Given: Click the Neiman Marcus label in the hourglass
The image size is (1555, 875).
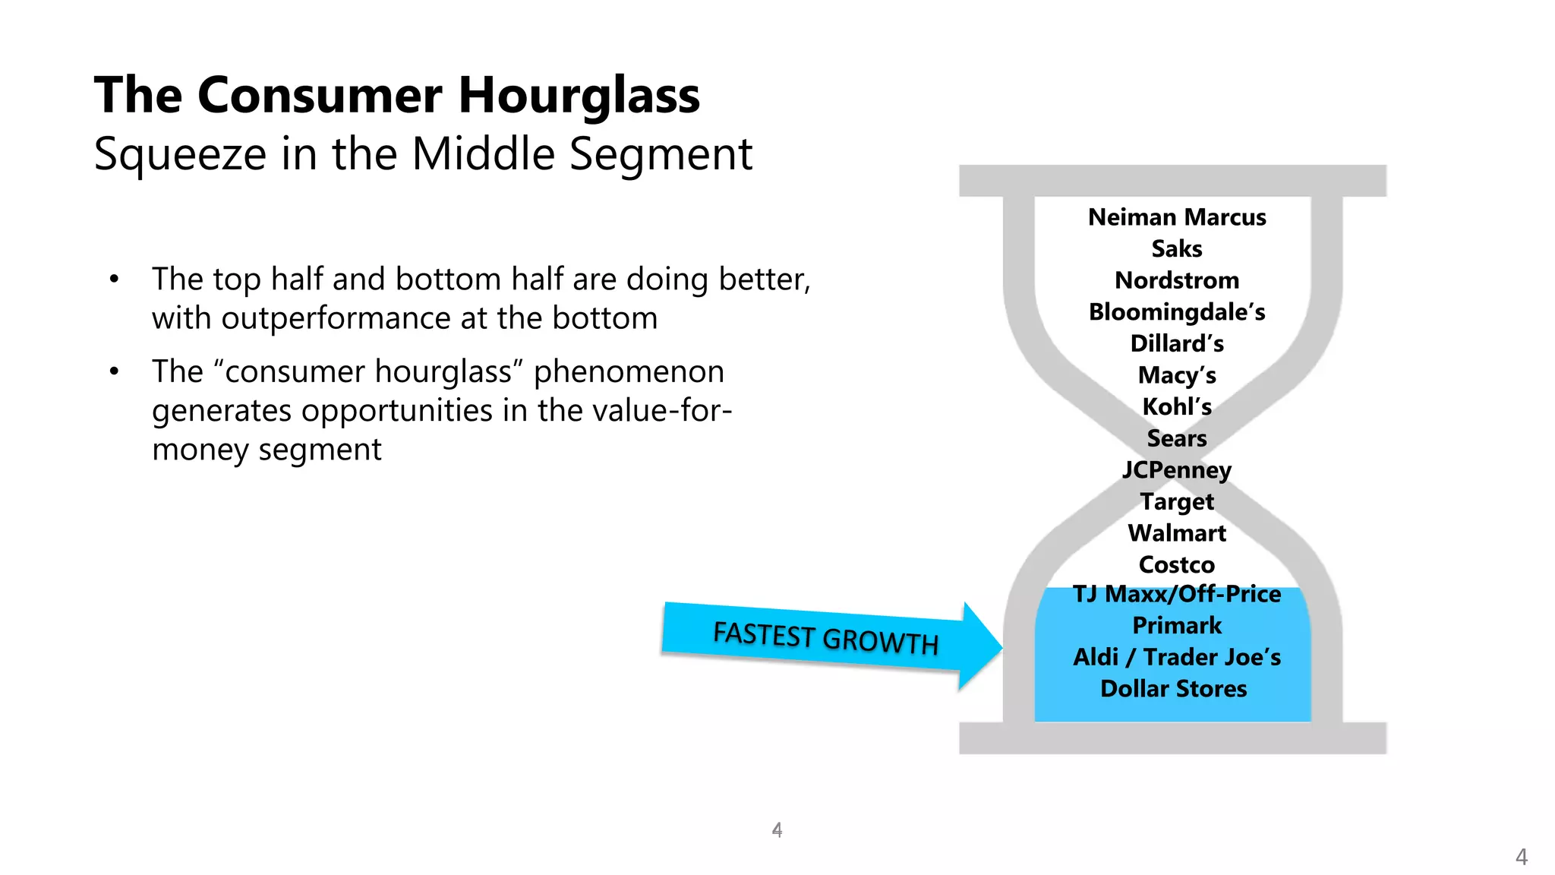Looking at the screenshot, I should click(x=1177, y=217).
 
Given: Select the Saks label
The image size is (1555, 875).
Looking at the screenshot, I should click(x=1177, y=249).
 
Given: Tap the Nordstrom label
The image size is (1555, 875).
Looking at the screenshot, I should click(x=1177, y=280).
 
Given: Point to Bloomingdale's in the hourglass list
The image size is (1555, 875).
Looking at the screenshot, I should click(x=1177, y=312).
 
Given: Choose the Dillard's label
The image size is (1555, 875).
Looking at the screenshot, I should click(x=1177, y=343).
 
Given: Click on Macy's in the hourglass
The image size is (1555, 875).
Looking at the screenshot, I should click(x=1177, y=375).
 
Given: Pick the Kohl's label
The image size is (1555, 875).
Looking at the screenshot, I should click(x=1177, y=407).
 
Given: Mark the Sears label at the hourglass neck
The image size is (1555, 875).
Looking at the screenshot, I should click(x=1177, y=438).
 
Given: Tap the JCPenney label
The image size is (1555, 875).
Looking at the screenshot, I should click(x=1177, y=470).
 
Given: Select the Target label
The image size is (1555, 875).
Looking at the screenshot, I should click(x=1177, y=502).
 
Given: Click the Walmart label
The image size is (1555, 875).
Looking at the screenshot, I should click(x=1177, y=533).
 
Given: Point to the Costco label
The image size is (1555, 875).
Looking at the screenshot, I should click(x=1177, y=565).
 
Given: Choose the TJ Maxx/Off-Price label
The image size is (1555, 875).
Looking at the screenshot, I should click(x=1177, y=594).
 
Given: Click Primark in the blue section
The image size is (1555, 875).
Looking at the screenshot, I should click(x=1177, y=626).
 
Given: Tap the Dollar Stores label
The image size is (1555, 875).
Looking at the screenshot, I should click(x=1174, y=689).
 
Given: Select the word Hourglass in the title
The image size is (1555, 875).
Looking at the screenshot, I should click(x=579, y=96).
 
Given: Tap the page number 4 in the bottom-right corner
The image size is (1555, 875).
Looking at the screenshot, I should click(x=1521, y=857).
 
